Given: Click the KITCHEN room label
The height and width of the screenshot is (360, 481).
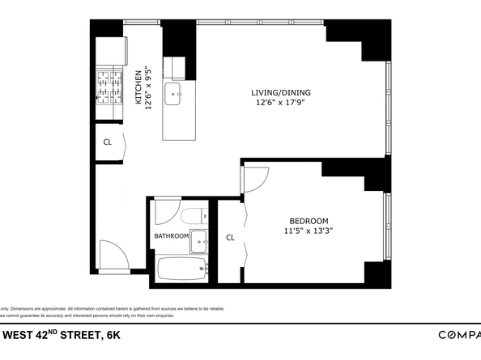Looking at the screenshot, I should coord(138,87).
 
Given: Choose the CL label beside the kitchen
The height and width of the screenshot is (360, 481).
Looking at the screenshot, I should coord(107,142).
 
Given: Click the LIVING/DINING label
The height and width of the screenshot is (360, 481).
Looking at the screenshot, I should coord(280,92).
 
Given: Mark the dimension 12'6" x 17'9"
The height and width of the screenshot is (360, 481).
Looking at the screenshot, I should coord(280,102).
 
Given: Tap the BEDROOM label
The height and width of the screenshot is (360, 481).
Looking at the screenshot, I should coord(309,221).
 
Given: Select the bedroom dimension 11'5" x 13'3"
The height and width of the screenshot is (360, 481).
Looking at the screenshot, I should coord(309,231).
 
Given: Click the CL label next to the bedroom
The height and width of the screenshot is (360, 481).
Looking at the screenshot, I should coord(230,238).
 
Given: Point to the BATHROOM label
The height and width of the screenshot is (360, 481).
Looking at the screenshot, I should coord(171,236).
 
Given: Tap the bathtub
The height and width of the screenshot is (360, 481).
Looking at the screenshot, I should coord(181,269).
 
